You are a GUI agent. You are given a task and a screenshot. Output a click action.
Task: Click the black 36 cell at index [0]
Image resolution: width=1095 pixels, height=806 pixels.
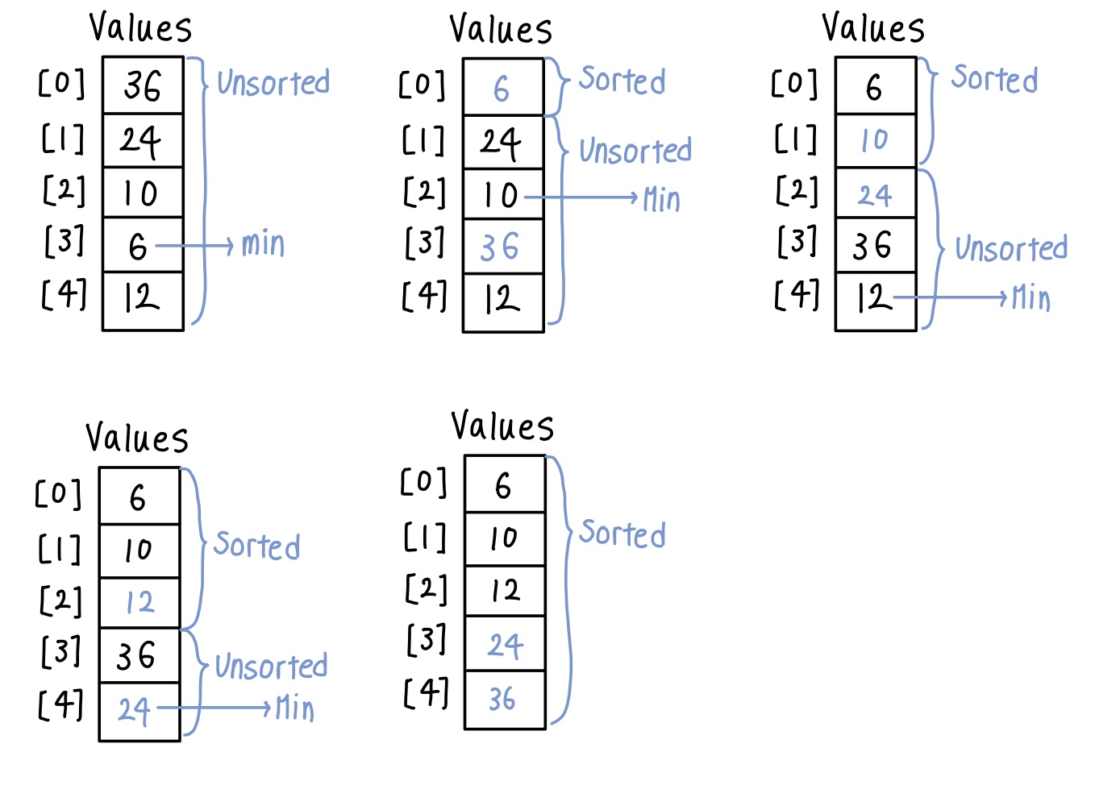pos(143,85)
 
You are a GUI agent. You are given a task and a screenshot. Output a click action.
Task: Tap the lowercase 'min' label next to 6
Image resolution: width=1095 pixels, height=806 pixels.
pos(263,243)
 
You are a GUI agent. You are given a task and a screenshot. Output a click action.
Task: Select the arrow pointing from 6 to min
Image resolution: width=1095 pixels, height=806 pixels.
pos(194,245)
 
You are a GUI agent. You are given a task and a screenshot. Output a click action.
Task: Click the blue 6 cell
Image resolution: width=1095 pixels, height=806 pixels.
pos(502,88)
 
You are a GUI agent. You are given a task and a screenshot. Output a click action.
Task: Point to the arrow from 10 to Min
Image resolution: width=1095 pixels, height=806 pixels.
pos(581,197)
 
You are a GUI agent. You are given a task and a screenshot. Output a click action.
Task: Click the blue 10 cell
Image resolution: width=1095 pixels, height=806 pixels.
pos(874,140)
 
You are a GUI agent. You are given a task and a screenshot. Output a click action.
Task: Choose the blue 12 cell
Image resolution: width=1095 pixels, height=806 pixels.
pos(139,602)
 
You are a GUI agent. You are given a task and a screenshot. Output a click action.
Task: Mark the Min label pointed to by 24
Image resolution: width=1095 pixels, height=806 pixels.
pos(295,708)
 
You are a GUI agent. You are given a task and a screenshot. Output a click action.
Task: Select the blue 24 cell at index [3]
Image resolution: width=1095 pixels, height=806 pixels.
pos(505,645)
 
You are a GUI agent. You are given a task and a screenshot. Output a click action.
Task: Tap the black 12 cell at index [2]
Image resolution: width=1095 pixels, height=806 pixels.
pos(505,591)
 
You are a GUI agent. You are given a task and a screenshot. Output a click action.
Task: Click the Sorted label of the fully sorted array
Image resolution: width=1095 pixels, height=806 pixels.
pos(622,534)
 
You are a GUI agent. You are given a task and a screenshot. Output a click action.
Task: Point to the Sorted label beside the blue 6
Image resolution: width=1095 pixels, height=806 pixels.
pos(622,80)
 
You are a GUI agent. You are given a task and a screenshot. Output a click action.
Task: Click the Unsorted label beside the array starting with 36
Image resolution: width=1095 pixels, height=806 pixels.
pos(273,82)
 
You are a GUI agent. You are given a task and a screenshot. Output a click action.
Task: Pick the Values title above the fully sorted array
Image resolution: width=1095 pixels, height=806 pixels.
pos(502,426)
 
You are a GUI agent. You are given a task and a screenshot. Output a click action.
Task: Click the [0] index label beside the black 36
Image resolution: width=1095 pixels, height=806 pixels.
pos(61,83)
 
